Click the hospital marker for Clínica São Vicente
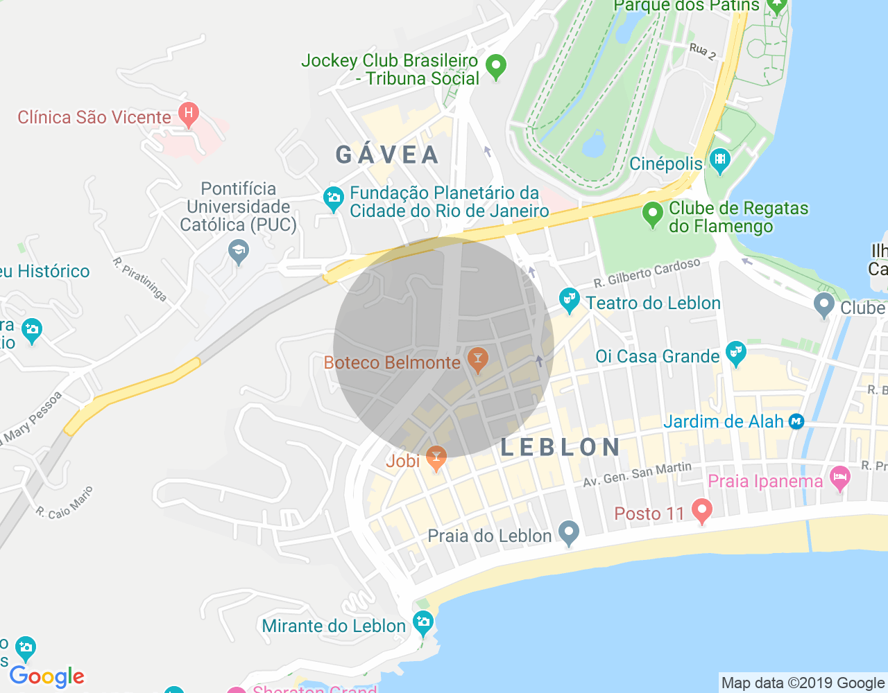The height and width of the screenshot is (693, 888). (x=188, y=114)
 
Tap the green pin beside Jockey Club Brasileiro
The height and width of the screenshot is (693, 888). (x=495, y=67)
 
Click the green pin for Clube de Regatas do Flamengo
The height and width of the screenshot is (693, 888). (x=652, y=214)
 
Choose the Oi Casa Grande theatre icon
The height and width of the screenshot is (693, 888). (x=735, y=354)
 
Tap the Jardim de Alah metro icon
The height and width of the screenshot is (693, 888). (x=796, y=421)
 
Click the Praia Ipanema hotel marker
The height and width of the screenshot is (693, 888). (x=840, y=478)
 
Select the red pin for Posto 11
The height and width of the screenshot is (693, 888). (x=701, y=511)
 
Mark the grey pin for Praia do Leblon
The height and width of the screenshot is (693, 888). (x=569, y=533)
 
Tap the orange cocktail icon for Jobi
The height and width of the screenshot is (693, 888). (x=436, y=458)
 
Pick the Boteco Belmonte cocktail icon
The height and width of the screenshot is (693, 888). (x=477, y=359)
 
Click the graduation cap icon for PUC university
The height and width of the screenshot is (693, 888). (x=239, y=251)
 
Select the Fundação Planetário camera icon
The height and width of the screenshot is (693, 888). (x=334, y=199)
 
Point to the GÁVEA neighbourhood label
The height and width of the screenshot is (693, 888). (x=387, y=155)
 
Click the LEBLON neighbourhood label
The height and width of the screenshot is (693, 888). (x=561, y=447)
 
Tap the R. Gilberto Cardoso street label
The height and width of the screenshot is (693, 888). (x=647, y=272)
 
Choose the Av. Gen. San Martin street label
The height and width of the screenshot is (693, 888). (x=637, y=474)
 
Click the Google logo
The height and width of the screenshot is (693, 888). (x=46, y=676)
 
